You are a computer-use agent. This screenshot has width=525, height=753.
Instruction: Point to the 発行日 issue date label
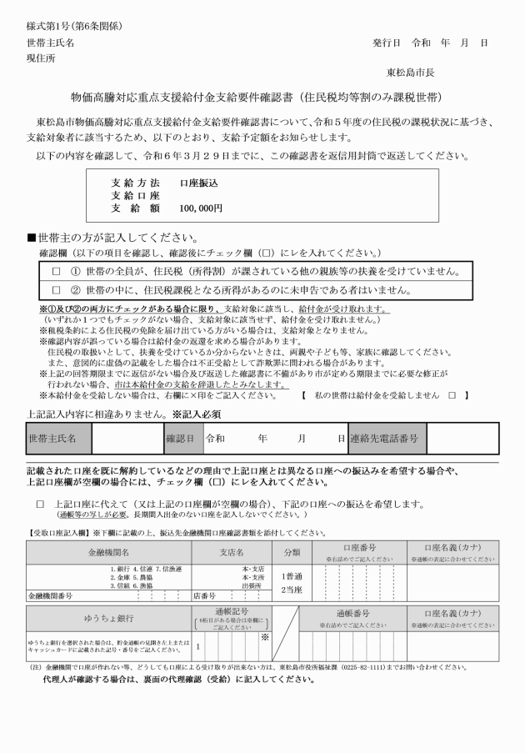(387, 43)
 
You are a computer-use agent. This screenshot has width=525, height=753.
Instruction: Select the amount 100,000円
(201, 208)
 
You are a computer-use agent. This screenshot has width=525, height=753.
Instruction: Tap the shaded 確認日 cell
(180, 438)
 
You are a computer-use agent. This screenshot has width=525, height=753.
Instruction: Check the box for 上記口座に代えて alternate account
(40, 505)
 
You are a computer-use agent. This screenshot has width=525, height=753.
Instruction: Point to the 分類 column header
(292, 553)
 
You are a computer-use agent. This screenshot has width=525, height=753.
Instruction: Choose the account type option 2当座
(292, 590)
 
